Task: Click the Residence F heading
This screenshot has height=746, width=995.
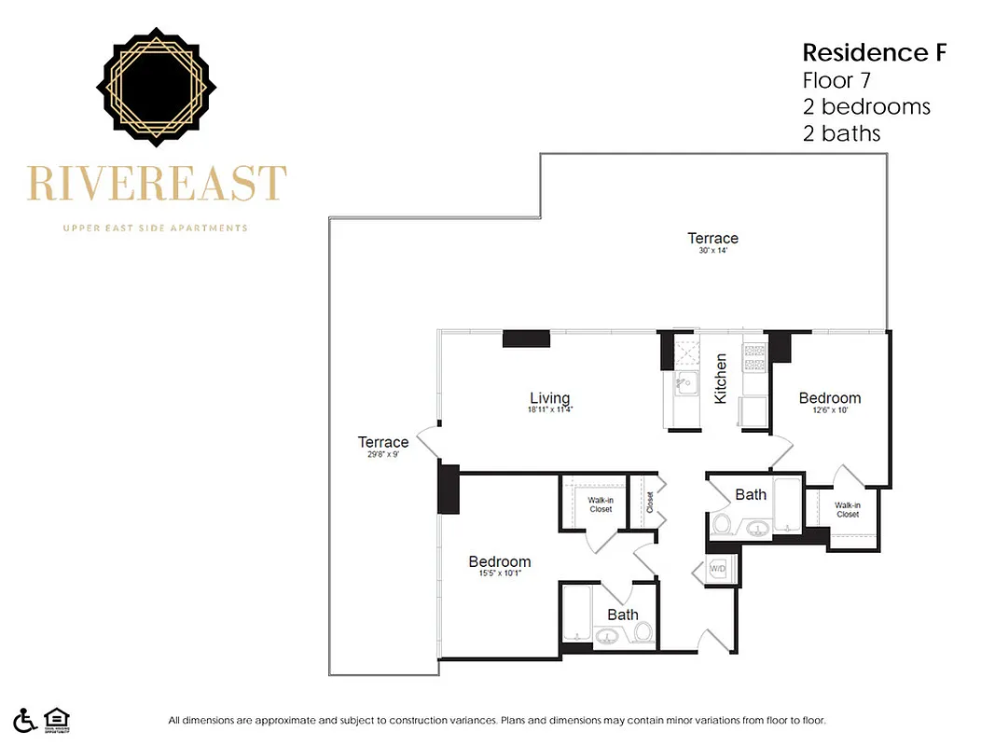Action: [x=874, y=52]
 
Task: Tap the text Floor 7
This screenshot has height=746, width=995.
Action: [x=836, y=79]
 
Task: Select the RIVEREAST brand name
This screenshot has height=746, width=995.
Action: [x=157, y=184]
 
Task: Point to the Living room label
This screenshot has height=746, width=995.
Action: [x=549, y=398]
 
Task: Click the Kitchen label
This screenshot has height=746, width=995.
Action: [x=721, y=379]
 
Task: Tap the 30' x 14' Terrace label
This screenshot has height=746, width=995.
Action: [x=712, y=239]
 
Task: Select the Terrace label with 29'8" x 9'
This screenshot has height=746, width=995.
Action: [x=383, y=443]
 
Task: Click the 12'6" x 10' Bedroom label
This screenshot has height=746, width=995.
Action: [x=830, y=398]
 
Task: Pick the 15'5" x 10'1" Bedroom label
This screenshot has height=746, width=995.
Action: [x=500, y=561]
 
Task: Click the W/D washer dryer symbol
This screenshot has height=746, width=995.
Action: [x=718, y=568]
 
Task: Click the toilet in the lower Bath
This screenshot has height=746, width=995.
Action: [x=643, y=632]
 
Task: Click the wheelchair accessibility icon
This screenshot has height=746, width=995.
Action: [x=26, y=720]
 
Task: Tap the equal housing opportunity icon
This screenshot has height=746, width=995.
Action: [x=57, y=720]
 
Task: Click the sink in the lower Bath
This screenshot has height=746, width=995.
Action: [x=608, y=636]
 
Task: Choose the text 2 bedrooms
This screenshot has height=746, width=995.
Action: [x=866, y=106]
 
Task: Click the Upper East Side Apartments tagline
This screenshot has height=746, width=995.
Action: [x=155, y=228]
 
